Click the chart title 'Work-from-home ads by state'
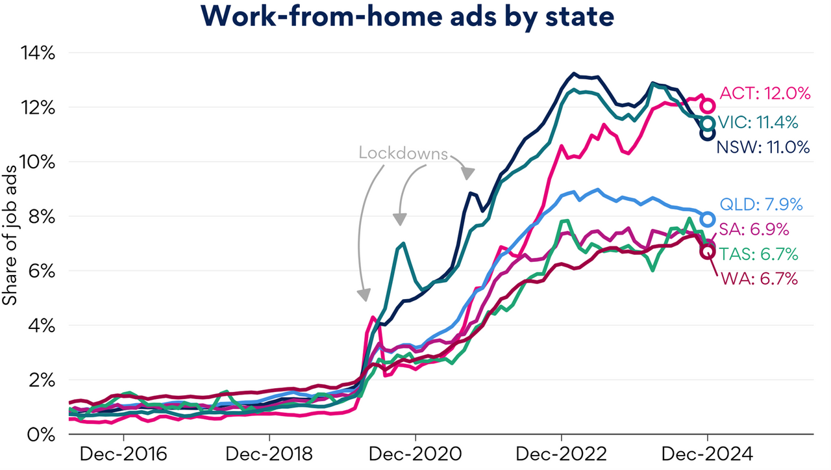[415, 18]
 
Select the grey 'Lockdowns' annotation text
[403, 153]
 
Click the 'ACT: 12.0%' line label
[765, 94]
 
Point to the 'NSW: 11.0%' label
[763, 148]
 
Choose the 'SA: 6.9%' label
[754, 229]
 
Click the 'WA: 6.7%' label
[758, 280]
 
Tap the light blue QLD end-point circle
[708, 219]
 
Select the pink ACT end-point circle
[708, 105]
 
